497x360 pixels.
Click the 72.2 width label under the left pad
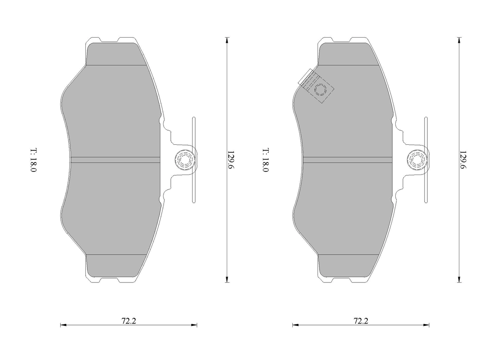(129, 321)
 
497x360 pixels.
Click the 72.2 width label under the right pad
(361, 321)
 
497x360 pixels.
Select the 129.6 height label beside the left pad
(231, 160)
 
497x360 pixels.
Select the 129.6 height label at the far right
(463, 160)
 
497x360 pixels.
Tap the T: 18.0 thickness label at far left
(33, 160)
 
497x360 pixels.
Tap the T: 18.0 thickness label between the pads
(266, 160)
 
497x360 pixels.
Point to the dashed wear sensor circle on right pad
(321, 90)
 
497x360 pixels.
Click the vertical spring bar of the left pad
(194, 160)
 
